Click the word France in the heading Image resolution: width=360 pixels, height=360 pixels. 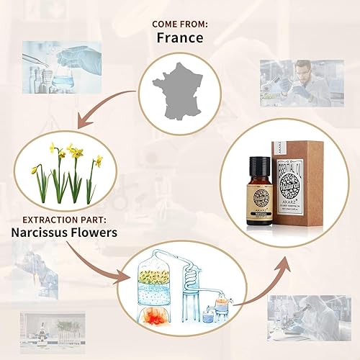point(179,38)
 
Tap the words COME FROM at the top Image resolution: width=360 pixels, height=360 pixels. point(179,24)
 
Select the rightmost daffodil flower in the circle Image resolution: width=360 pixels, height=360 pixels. point(98,161)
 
